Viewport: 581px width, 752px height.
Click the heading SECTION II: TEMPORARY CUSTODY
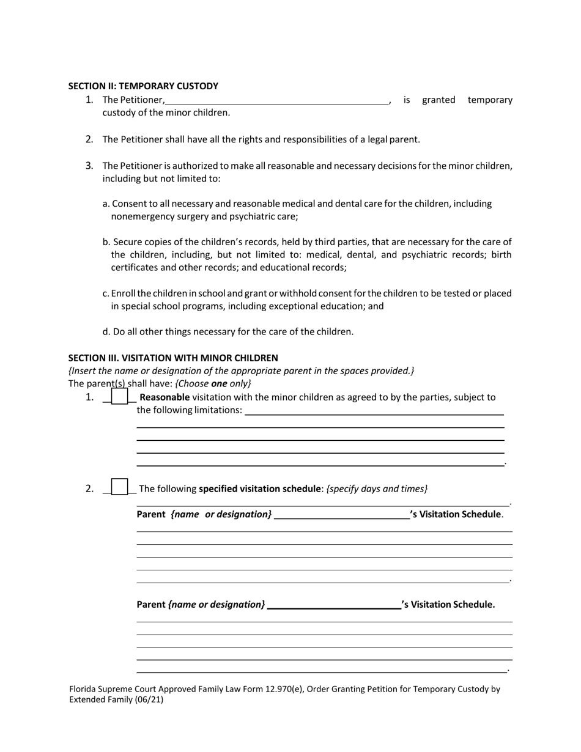pyautogui.click(x=143, y=86)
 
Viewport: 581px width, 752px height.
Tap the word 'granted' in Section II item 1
pyautogui.click(x=439, y=100)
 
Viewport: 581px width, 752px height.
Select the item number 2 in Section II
pyautogui.click(x=89, y=139)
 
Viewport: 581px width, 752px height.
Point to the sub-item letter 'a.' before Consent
pyautogui.click(x=106, y=204)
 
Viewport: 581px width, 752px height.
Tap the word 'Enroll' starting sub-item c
pyautogui.click(x=124, y=293)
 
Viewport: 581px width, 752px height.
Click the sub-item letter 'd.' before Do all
pyautogui.click(x=106, y=332)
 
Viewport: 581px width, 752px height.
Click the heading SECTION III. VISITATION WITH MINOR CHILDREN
pyautogui.click(x=173, y=358)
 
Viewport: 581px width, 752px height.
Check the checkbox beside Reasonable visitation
pyautogui.click(x=120, y=397)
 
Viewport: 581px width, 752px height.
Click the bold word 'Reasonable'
pyautogui.click(x=165, y=397)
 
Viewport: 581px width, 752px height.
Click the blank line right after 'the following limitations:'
pyautogui.click(x=374, y=411)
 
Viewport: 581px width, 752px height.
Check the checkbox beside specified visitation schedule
pyautogui.click(x=120, y=487)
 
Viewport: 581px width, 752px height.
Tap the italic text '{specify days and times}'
pyautogui.click(x=377, y=488)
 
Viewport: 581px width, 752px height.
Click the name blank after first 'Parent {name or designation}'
pyautogui.click(x=342, y=515)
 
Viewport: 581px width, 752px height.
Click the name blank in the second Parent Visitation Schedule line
pyautogui.click(x=335, y=606)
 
